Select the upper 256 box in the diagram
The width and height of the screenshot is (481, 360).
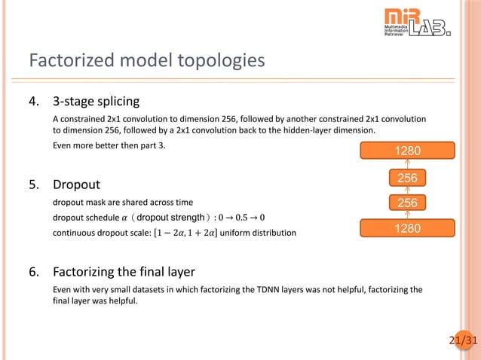click(x=408, y=178)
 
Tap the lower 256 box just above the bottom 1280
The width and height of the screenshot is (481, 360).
click(x=408, y=203)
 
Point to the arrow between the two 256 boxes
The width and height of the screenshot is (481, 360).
click(x=408, y=191)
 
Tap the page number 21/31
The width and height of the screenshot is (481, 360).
click(x=463, y=341)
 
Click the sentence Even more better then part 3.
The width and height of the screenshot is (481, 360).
click(x=108, y=145)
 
